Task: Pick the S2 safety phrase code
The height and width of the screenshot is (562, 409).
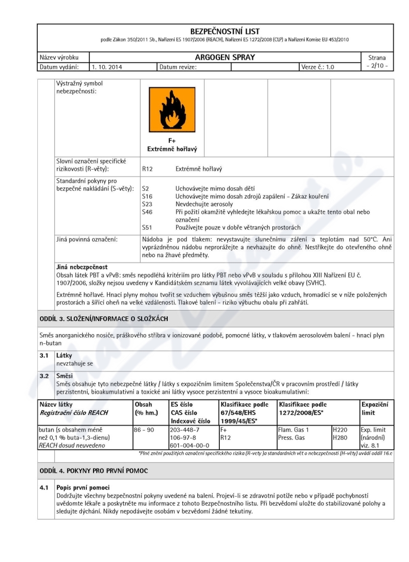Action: (145, 189)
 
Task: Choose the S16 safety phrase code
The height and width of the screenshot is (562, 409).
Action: (147, 196)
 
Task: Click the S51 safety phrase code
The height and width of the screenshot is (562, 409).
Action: (147, 227)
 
